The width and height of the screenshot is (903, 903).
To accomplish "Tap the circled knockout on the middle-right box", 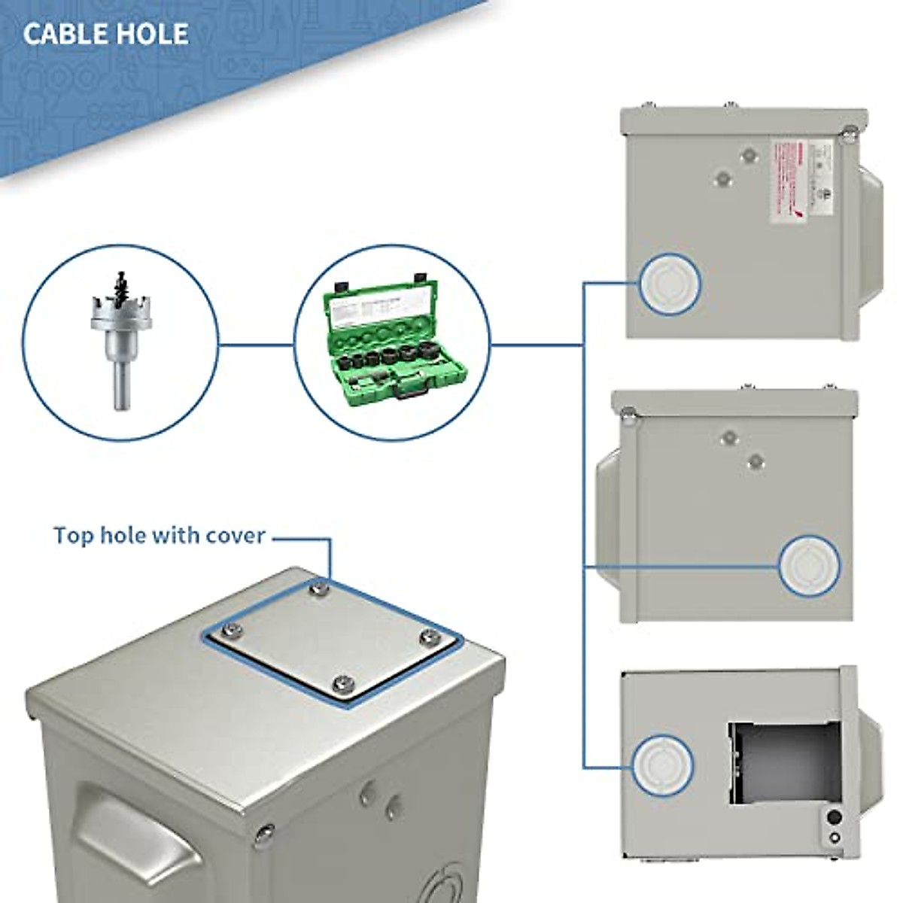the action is tap(810, 564).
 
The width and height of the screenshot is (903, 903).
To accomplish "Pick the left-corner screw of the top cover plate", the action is tap(233, 631).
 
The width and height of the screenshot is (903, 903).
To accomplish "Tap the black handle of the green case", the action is tap(410, 391).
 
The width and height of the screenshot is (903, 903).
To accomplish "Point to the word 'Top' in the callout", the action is tap(74, 536).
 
